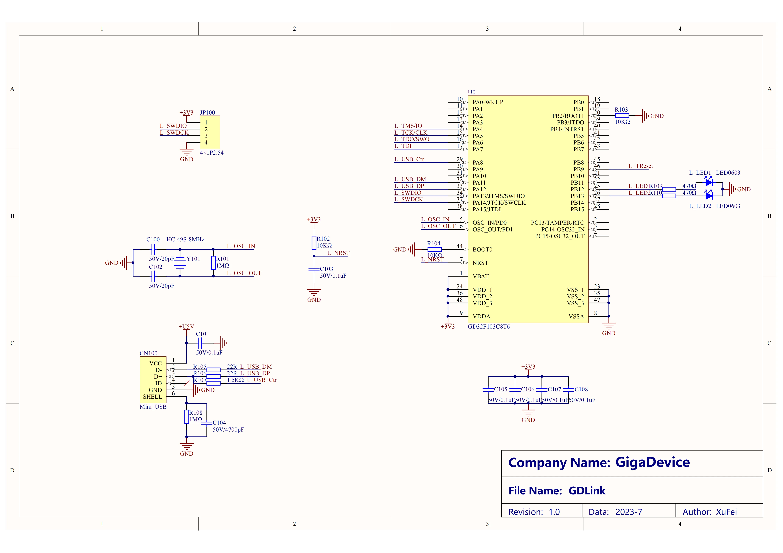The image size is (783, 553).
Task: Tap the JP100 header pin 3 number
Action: (206, 136)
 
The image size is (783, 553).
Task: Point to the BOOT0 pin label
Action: (482, 250)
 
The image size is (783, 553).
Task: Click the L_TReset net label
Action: (640, 166)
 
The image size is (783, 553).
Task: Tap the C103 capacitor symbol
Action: (314, 269)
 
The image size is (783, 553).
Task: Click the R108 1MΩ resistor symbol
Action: (187, 416)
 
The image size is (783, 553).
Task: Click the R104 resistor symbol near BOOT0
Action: (434, 250)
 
